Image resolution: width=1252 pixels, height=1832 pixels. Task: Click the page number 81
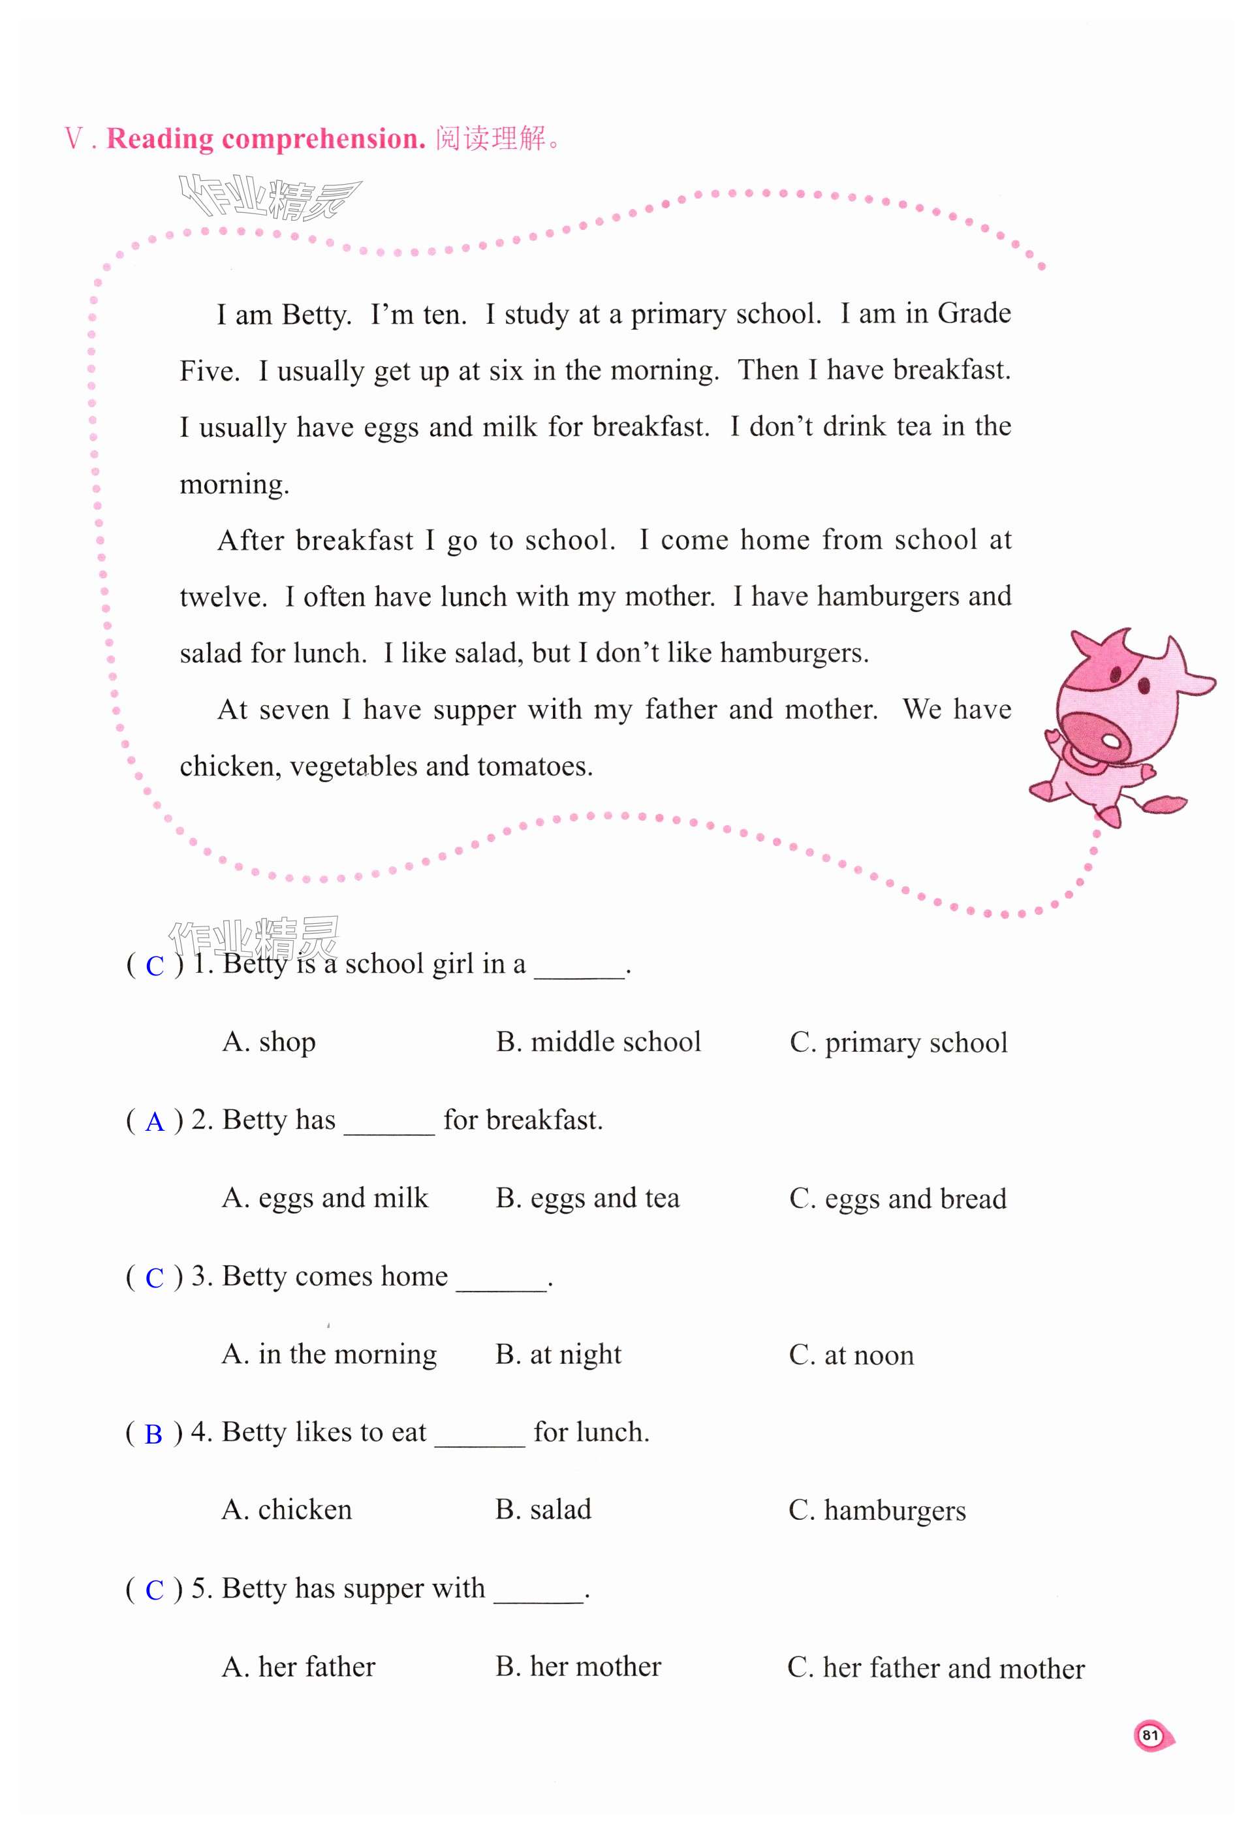tap(1150, 1735)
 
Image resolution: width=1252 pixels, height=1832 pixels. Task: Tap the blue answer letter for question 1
tap(155, 966)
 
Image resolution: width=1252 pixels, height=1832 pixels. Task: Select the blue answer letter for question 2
tap(155, 1122)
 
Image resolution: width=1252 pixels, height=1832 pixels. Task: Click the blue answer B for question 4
tap(153, 1434)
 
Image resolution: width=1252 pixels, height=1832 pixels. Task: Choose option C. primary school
tap(898, 1042)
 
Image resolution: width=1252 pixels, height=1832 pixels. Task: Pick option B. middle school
tap(598, 1041)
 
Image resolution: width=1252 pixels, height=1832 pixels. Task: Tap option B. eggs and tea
tap(587, 1197)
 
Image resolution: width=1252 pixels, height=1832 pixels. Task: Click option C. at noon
tap(851, 1354)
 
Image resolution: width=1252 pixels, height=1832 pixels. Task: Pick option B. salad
tap(543, 1509)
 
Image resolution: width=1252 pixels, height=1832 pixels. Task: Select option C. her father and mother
tap(935, 1667)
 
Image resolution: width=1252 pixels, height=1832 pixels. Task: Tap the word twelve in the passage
tap(223, 597)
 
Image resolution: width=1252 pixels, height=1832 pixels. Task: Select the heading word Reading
tap(160, 139)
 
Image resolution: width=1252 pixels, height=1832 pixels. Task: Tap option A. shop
tap(269, 1041)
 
